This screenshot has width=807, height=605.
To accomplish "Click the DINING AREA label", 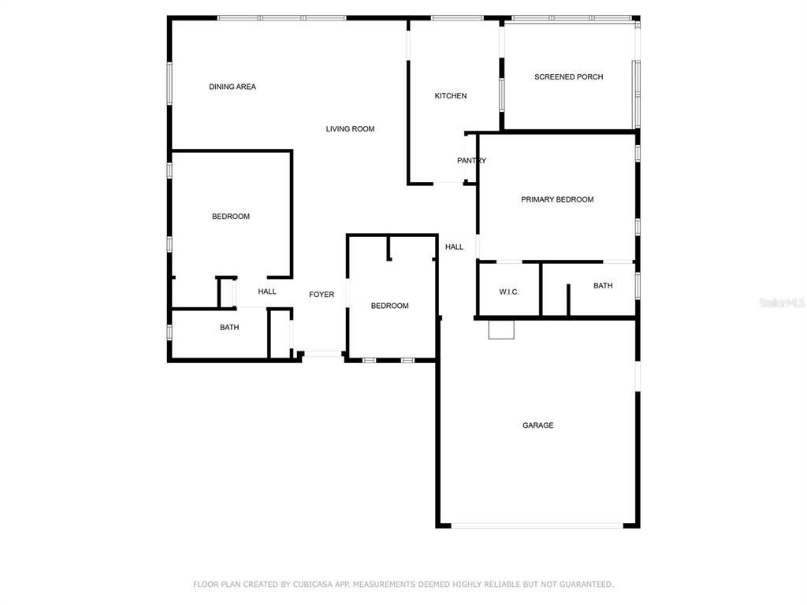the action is click(x=232, y=87).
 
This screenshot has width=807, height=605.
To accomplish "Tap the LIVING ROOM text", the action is click(x=350, y=128).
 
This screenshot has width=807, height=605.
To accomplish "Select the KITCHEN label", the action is click(x=450, y=95).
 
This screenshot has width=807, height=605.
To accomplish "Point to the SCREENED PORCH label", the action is click(x=568, y=76).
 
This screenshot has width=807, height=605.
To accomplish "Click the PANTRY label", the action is click(x=471, y=161).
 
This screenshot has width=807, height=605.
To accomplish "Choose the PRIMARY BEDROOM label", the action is click(x=557, y=199).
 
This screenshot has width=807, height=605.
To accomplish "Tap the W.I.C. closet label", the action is click(x=509, y=291).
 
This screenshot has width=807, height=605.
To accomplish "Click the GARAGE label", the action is click(x=537, y=425).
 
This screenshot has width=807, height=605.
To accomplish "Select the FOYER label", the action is click(x=322, y=295).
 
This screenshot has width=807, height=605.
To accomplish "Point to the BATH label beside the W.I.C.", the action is click(x=603, y=285).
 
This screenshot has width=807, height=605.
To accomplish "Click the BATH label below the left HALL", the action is click(x=229, y=327).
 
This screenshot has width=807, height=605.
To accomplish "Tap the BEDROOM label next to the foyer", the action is click(x=389, y=306).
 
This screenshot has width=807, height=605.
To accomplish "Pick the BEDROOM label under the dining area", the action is click(x=231, y=216).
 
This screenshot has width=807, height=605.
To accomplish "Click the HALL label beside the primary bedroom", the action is click(x=454, y=247).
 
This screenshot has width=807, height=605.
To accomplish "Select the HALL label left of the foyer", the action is click(x=266, y=291).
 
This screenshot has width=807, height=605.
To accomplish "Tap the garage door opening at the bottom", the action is click(x=537, y=525).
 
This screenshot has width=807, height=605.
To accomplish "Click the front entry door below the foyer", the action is click(x=322, y=354).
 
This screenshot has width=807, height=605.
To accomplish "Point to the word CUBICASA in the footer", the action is click(x=313, y=585).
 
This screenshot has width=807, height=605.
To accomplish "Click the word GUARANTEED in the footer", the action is click(x=586, y=585).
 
